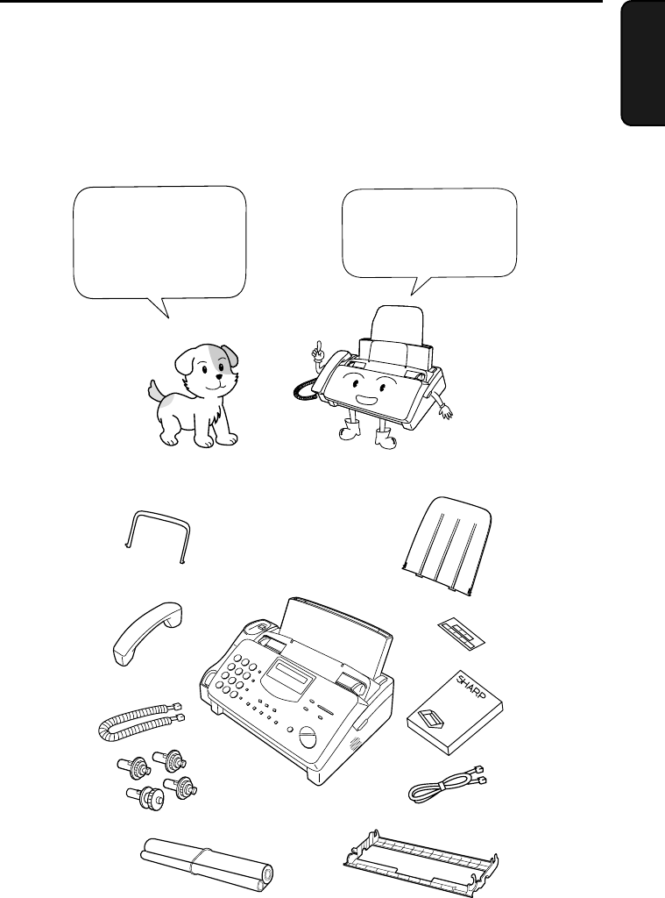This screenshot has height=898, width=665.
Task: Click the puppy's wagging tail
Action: coord(155,392)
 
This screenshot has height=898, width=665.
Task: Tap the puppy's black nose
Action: coord(219,376)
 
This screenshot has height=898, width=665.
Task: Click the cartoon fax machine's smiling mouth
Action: coord(364,397)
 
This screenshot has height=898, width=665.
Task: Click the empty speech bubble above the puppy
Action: coord(159,247)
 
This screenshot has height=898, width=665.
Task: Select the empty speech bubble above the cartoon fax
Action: coord(429,236)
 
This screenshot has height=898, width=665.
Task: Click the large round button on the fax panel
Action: coord(308,737)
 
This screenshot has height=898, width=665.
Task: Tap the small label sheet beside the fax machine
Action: coord(463,634)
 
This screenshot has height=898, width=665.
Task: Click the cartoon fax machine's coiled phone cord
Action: coord(302,390)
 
